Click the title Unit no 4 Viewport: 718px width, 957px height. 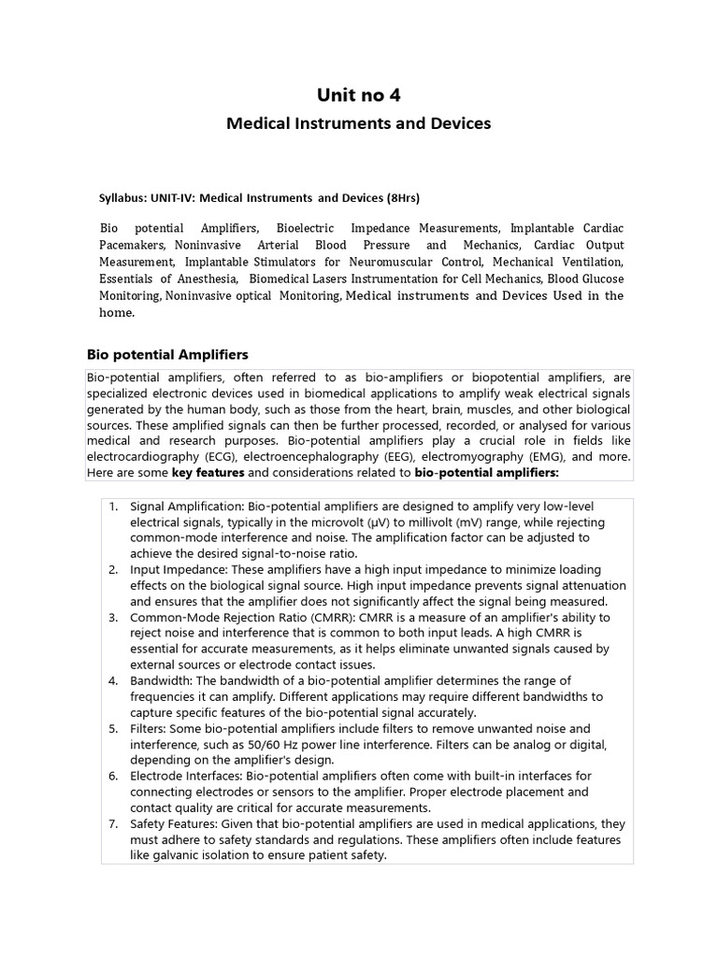360,94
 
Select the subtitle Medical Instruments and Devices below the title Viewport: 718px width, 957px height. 360,123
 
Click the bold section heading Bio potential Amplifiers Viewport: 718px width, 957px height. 167,354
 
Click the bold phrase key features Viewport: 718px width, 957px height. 206,473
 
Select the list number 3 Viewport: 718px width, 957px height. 113,618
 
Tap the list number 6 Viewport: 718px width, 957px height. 113,776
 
